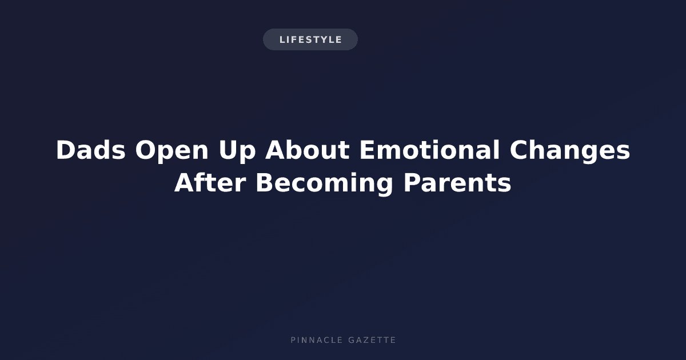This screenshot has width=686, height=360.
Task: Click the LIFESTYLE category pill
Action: [310, 39]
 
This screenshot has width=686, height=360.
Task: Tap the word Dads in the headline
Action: [91, 150]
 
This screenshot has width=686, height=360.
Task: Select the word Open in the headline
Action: [172, 152]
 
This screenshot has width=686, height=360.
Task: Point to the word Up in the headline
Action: [237, 152]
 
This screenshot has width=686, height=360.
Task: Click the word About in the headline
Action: [307, 150]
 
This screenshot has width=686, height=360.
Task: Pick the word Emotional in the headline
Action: [430, 150]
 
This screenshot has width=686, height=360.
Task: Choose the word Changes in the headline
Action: [570, 151]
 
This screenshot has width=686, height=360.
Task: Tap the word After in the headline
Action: [210, 182]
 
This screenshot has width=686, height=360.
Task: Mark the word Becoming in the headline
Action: [325, 184]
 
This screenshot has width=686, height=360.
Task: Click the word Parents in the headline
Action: [457, 183]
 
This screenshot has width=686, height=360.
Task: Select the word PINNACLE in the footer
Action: [317, 340]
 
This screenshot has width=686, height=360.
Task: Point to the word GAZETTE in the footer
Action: [372, 340]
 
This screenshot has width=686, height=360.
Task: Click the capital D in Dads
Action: [66, 150]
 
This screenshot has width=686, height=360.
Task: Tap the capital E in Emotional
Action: [367, 150]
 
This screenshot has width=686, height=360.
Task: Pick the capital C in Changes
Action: [519, 150]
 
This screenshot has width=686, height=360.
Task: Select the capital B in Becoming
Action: [265, 183]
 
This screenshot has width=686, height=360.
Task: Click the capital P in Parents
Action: [412, 183]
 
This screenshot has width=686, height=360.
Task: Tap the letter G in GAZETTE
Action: [352, 340]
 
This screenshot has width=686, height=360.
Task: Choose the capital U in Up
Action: [228, 150]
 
